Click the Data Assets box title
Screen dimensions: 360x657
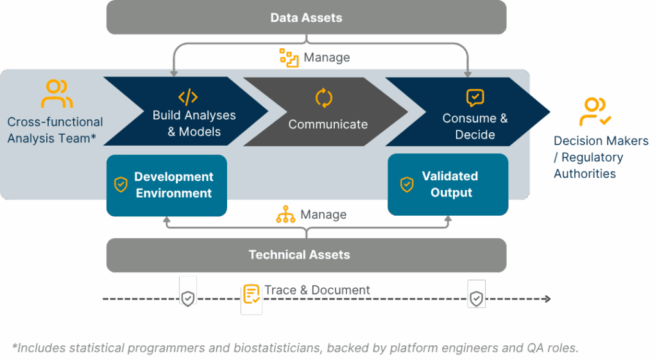(306, 17)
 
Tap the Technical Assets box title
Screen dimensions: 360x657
(299, 255)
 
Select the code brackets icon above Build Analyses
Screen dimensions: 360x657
(188, 98)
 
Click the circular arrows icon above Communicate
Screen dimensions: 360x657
(324, 98)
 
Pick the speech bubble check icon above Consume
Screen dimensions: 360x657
(475, 98)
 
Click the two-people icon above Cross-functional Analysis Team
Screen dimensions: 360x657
(56, 94)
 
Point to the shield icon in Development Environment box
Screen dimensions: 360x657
(120, 185)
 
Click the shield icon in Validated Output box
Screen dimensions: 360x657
(407, 184)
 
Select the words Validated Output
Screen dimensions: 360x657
(450, 184)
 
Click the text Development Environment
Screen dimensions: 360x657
(173, 185)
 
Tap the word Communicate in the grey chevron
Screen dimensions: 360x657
(328, 124)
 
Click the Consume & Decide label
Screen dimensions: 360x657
(475, 126)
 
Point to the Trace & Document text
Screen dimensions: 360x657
(317, 290)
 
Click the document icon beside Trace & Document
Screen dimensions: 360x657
(252, 295)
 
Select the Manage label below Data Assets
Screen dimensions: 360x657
(327, 58)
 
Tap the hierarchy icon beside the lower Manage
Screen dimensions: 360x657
(285, 215)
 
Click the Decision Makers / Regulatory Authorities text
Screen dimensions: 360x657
(601, 157)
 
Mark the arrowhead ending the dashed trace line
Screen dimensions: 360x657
(547, 299)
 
